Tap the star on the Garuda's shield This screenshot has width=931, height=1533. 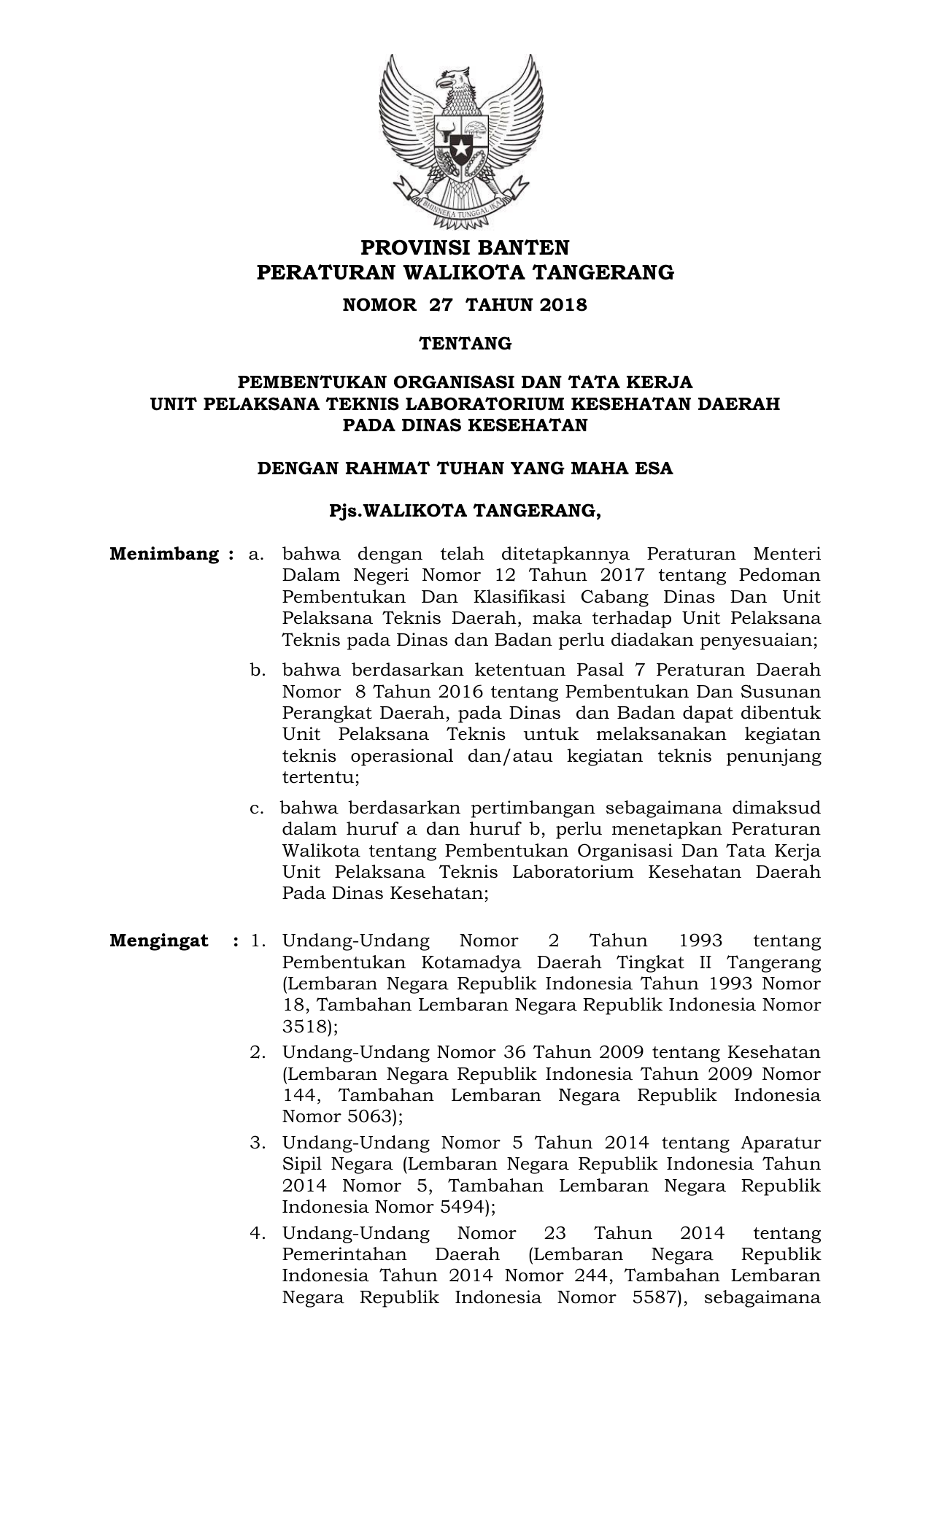point(461,149)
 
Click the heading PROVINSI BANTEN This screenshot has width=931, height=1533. point(465,247)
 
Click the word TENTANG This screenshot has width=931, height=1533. point(465,344)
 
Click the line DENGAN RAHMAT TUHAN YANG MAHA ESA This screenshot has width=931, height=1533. point(465,468)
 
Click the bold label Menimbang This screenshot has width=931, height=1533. point(164,554)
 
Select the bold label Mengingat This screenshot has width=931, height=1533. point(159,941)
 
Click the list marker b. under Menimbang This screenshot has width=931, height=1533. point(257,670)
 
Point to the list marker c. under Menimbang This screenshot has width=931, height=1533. point(256,808)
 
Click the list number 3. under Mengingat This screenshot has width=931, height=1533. point(258,1143)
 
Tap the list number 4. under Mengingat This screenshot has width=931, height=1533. point(258,1233)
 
